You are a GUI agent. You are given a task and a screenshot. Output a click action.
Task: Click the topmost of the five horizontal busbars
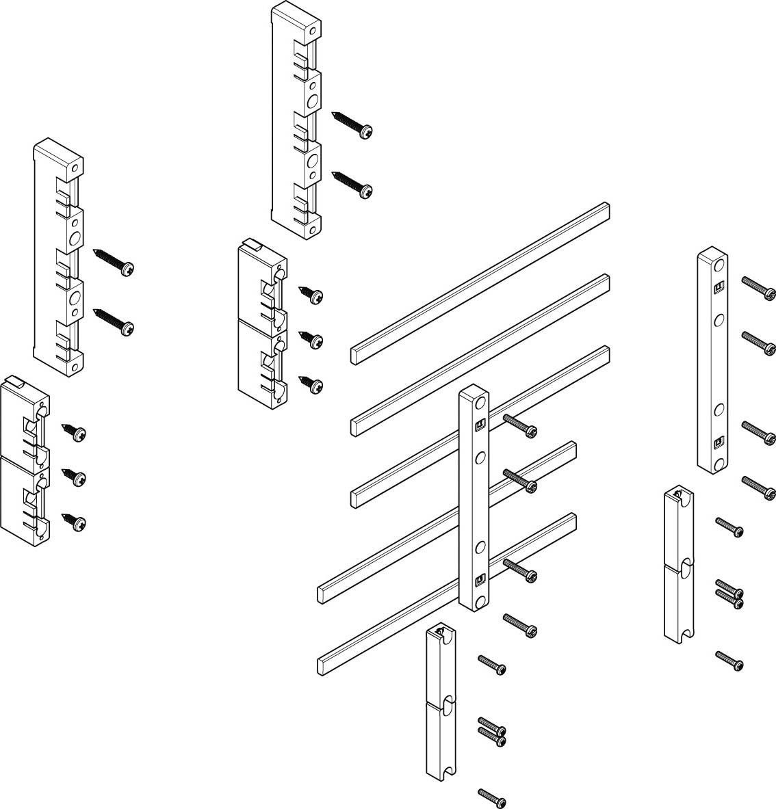pyautogui.click(x=479, y=281)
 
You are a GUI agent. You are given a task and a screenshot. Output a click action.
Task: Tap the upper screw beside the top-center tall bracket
pyautogui.click(x=353, y=124)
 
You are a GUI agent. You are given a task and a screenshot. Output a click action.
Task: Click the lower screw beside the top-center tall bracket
pyautogui.click(x=353, y=185)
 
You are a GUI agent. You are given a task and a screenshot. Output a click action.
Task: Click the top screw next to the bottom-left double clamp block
pyautogui.click(x=74, y=432)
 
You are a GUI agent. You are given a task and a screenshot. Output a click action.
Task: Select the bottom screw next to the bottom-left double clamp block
pyautogui.click(x=74, y=520)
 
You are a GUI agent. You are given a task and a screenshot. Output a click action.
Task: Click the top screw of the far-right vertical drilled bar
pyautogui.click(x=760, y=288)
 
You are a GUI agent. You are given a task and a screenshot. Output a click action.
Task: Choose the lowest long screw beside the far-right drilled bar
pyautogui.click(x=760, y=486)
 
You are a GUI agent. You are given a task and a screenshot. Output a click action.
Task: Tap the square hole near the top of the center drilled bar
pyautogui.click(x=480, y=425)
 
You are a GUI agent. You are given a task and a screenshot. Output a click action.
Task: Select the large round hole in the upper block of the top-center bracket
pyautogui.click(x=313, y=101)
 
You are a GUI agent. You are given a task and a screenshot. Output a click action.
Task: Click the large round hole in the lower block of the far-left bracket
pyautogui.click(x=75, y=298)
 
